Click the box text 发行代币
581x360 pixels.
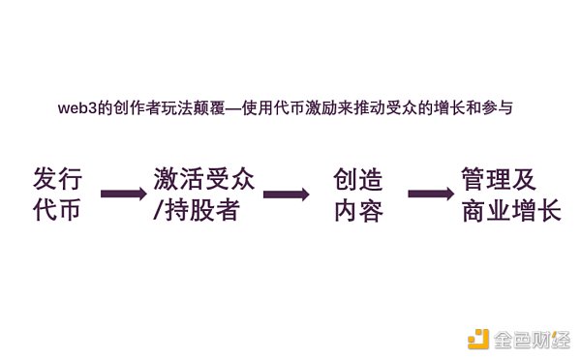[57, 195]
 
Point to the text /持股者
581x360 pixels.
[196, 211]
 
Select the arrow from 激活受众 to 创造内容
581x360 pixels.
[286, 194]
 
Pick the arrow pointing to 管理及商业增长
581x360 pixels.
[432, 194]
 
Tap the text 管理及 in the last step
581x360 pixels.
[499, 179]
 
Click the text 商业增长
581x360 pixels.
[511, 211]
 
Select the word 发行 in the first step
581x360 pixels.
[57, 179]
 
